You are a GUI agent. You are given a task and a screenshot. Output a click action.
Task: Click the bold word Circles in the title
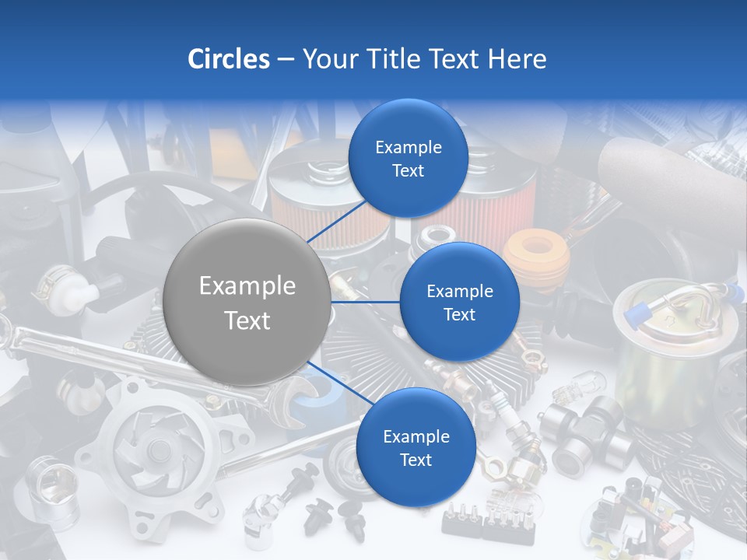pos(228,59)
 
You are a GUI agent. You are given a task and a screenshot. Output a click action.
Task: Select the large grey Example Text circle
pos(247,303)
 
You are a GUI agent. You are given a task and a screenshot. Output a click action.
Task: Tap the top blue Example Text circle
pos(408,159)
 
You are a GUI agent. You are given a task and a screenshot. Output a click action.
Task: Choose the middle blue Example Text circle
pos(459,302)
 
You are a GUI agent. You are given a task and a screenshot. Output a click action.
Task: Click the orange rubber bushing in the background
pos(536,253)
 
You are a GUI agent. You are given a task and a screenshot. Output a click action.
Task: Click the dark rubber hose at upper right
pos(669,171)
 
